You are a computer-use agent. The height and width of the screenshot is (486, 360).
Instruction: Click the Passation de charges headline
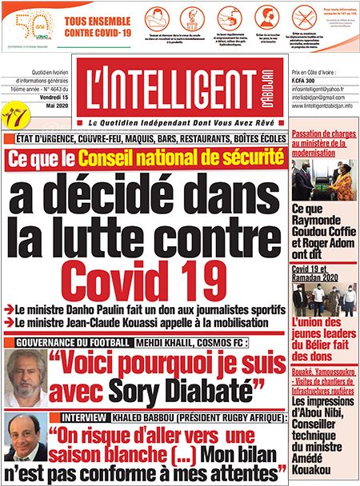tap(322, 143)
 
